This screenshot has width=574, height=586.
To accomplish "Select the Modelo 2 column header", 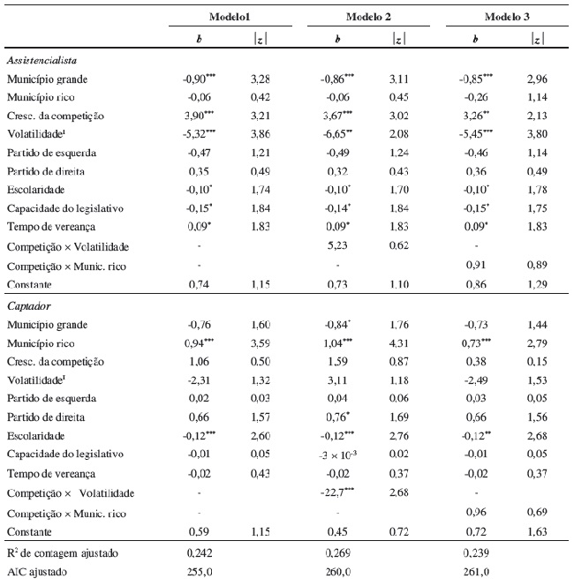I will [x=362, y=17].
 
